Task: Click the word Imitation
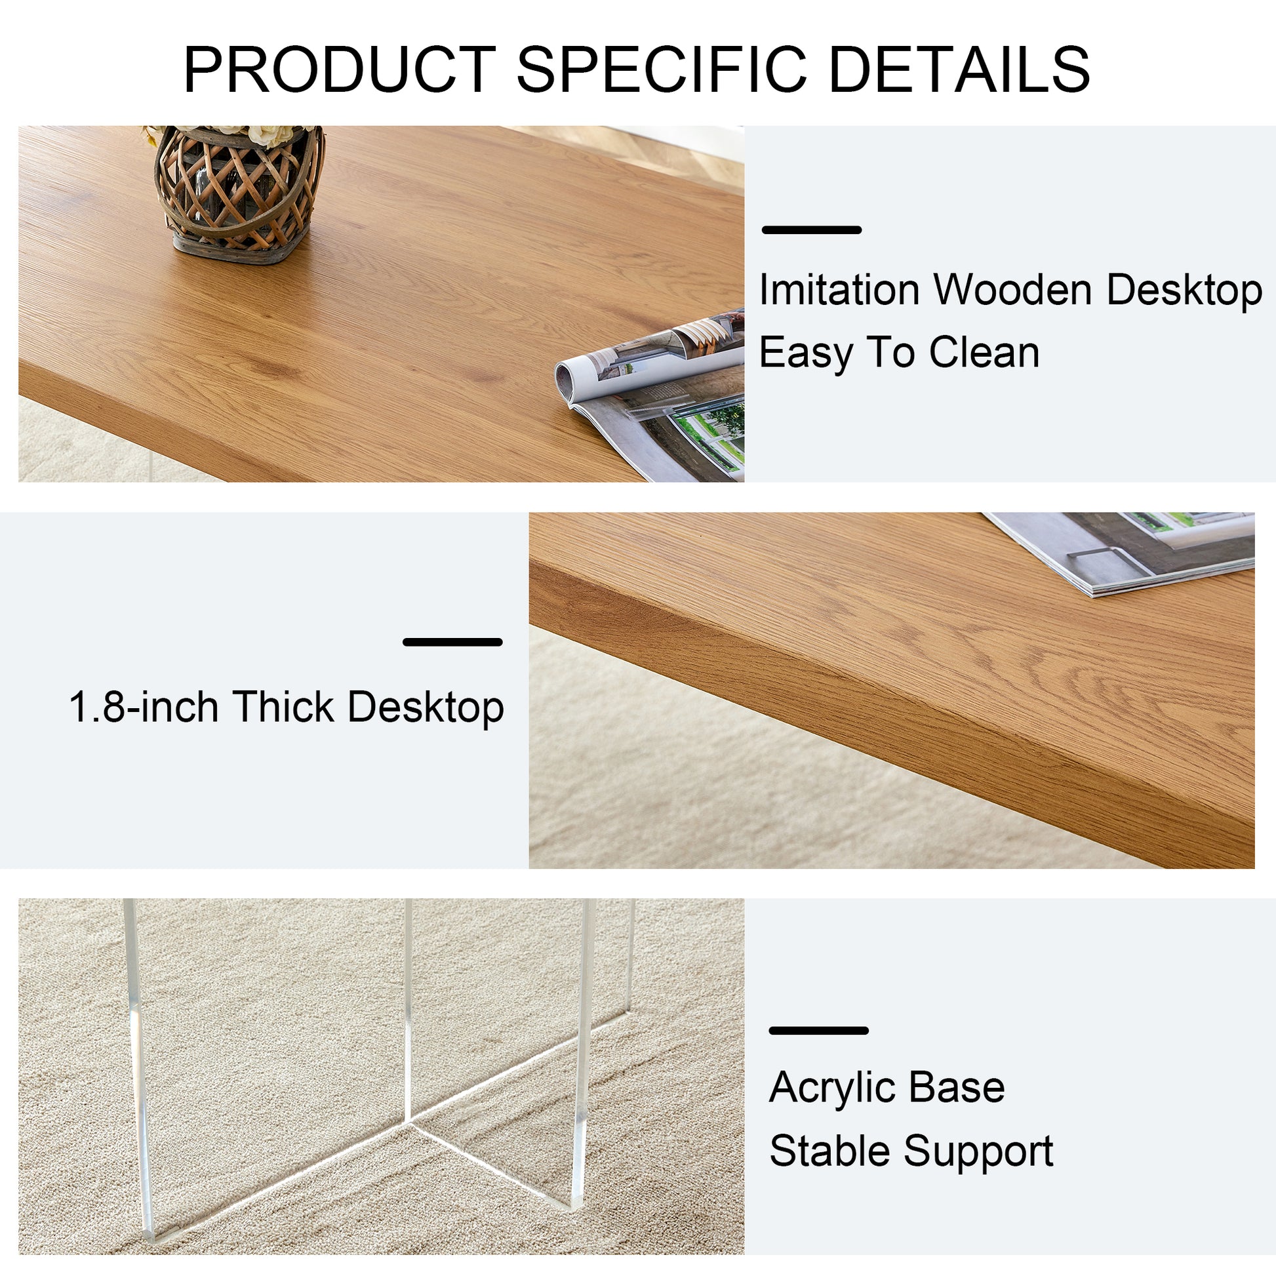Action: pos(839,290)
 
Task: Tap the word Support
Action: pos(978,1152)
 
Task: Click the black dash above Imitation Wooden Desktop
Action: pos(811,230)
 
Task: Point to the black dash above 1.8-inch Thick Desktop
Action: pos(452,641)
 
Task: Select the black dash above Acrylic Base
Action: pos(818,1030)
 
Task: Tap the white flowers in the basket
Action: pos(264,134)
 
